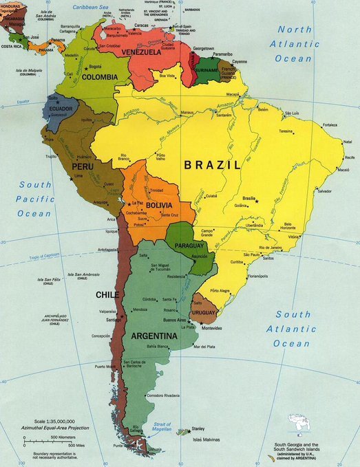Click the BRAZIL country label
click(x=213, y=165)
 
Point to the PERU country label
click(x=82, y=167)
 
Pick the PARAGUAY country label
click(x=185, y=246)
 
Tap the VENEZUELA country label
click(x=141, y=52)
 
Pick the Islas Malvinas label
click(x=206, y=439)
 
